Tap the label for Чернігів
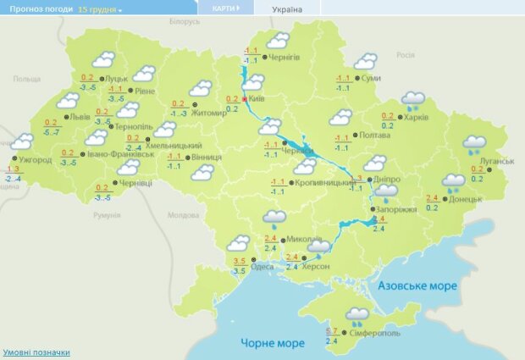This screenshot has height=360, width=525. point(284,57)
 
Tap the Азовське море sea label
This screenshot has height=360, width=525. point(417,286)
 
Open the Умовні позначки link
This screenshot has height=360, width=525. point(36,352)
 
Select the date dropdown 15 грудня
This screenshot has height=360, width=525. point(100,8)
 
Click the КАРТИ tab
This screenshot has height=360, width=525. point(224,8)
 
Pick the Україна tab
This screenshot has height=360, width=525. point(286,8)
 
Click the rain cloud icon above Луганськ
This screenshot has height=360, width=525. point(473,144)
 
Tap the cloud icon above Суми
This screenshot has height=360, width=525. point(365,62)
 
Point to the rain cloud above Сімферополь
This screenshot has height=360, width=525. point(356,315)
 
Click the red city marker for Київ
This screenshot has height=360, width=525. point(246,99)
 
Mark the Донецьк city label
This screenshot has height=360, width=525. point(465,199)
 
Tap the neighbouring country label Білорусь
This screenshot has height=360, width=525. point(184,20)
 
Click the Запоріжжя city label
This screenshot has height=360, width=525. point(396,208)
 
